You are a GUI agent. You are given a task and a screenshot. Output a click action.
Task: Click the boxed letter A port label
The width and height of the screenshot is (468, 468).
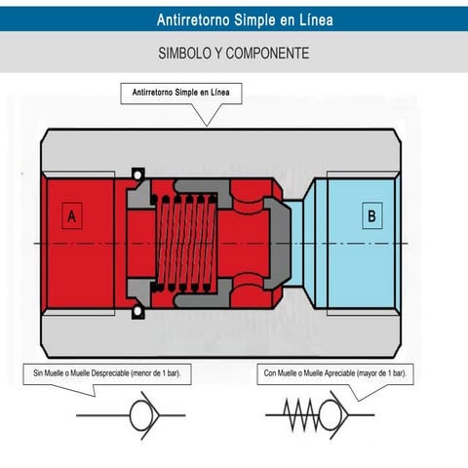point(72,215)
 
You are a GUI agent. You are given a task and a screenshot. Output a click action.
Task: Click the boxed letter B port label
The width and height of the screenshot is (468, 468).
point(372,215)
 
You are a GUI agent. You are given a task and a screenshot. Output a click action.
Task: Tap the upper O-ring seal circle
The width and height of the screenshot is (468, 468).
point(137,175)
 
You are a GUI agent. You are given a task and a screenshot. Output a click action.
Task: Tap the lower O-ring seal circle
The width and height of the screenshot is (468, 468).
point(137,311)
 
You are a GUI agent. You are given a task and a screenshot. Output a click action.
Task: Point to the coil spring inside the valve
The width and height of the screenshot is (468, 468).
point(184,243)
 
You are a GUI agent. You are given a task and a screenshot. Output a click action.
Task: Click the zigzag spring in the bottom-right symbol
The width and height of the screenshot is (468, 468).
point(301,415)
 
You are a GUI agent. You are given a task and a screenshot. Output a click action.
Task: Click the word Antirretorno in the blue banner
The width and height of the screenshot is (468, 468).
point(194,19)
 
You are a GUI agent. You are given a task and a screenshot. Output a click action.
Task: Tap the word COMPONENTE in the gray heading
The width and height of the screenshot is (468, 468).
point(267,54)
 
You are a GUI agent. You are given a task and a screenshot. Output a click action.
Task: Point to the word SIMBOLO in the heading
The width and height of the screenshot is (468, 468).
point(184,54)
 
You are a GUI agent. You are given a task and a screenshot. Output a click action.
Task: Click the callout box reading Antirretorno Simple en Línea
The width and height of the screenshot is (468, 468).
point(181,94)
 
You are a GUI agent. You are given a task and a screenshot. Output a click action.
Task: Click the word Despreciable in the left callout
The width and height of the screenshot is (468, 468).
point(110,373)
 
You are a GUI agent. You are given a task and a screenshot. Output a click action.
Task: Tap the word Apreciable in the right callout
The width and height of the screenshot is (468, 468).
point(338,373)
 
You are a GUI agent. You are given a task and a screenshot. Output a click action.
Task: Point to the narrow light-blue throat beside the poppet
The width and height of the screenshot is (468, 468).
point(297,243)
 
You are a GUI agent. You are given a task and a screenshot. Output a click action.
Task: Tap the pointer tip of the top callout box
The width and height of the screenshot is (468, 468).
point(207,126)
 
